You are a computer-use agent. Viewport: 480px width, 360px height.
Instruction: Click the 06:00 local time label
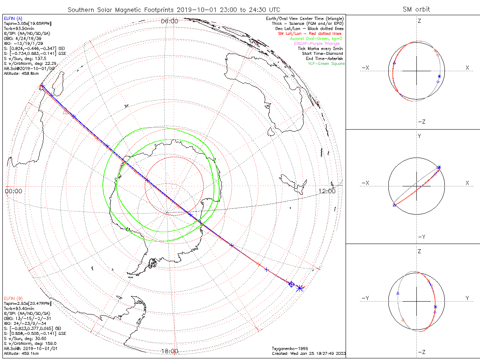(169, 21)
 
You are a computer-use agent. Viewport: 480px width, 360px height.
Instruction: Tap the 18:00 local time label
(169, 351)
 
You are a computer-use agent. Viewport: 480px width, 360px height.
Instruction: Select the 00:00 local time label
(13, 191)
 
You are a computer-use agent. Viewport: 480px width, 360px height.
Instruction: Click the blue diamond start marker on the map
(292, 284)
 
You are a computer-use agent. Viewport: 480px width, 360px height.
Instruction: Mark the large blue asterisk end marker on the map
(300, 288)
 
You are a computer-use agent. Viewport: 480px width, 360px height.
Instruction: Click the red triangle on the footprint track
(66, 111)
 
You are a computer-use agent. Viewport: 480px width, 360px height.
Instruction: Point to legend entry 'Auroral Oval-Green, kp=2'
(316, 39)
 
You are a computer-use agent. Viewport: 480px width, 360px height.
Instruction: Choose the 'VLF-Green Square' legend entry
(326, 64)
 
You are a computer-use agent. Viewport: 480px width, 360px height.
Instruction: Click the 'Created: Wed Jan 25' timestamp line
(308, 353)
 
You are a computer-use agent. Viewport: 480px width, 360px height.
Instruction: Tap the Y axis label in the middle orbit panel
(419, 136)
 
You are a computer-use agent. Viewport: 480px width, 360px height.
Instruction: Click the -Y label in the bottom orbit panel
(365, 298)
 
